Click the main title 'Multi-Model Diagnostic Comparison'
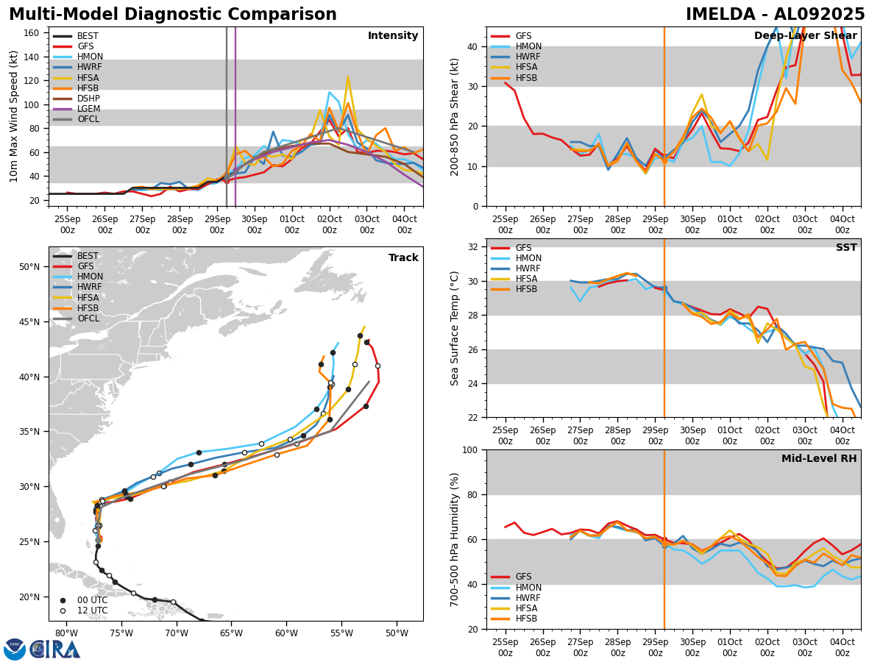click(173, 15)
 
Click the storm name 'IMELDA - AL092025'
click(776, 15)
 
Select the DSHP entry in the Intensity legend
click(88, 99)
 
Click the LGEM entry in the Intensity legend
click(88, 109)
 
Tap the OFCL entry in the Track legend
click(88, 318)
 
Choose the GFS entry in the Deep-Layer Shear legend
click(523, 36)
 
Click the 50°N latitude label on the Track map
click(30, 267)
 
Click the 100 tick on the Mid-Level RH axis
click(469, 449)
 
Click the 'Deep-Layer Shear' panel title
click(805, 36)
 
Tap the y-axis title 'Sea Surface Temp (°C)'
click(455, 328)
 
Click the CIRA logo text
click(56, 649)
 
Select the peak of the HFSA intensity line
click(348, 76)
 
